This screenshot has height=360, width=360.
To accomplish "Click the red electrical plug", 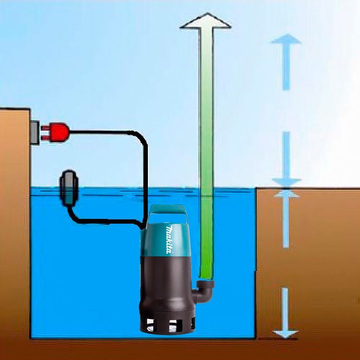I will [57, 132].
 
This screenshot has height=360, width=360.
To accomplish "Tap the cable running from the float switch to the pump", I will [106, 221].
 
